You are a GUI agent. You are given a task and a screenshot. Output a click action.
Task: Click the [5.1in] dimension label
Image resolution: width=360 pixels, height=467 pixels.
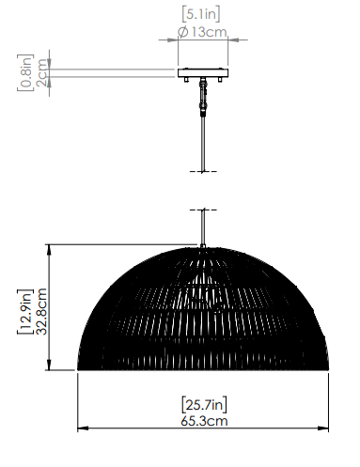201,14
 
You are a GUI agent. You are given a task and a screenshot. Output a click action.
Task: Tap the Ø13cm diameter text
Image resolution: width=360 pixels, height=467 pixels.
202,32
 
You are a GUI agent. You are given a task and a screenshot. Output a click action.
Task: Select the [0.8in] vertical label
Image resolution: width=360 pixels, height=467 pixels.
25,72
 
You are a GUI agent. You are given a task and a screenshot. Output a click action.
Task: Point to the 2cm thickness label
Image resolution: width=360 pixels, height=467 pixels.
41,72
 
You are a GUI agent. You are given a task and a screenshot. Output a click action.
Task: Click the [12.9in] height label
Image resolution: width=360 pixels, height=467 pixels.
25,312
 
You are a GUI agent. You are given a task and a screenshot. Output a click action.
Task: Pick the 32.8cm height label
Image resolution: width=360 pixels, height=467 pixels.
41,312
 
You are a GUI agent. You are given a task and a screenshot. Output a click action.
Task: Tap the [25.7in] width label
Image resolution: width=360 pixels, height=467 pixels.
204,405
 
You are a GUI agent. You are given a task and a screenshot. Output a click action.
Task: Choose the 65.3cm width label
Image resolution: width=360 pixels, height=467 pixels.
204,421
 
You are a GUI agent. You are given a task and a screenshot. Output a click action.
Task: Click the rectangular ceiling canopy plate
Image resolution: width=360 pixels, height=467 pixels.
203,73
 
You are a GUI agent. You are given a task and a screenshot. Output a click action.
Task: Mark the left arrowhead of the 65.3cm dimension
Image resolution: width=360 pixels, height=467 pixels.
82,428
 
